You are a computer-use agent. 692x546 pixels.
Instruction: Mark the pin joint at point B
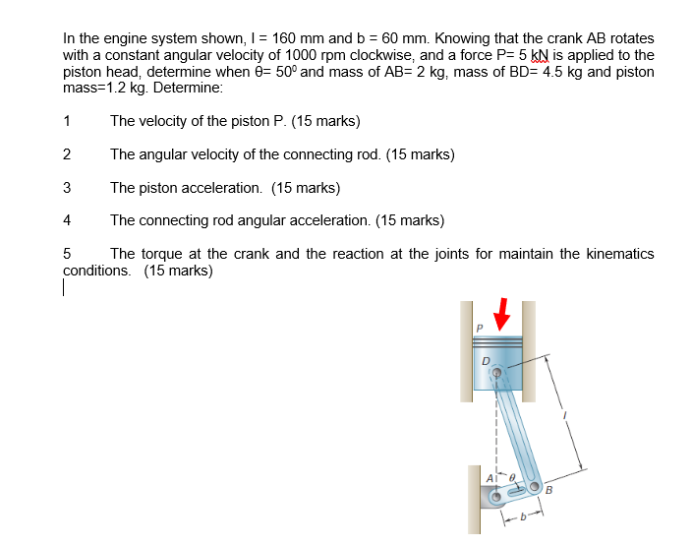tap(534, 487)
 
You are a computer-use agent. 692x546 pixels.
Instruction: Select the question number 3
tap(66, 187)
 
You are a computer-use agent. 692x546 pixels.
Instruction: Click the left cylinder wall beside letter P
tap(466, 354)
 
